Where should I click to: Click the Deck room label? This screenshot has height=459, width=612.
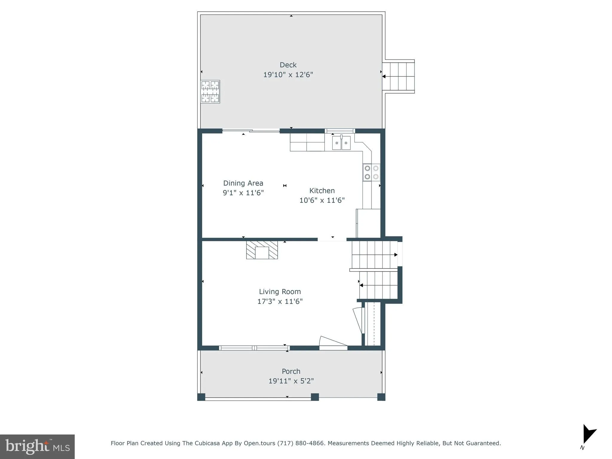click(288, 65)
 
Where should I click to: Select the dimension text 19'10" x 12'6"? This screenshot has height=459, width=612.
click(288, 75)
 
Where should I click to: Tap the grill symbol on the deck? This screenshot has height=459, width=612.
click(210, 92)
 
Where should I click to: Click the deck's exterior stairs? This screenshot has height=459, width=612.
click(398, 76)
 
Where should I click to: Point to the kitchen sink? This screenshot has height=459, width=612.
click(341, 143)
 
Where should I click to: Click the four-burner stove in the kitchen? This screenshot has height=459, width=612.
click(371, 172)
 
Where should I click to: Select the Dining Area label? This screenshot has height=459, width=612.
click(243, 183)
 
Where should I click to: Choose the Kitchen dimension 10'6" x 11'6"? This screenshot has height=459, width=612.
click(322, 200)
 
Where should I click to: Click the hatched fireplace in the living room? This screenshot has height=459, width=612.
click(262, 250)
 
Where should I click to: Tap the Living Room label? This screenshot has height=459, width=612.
click(280, 292)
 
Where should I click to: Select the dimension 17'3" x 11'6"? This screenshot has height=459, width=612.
click(280, 301)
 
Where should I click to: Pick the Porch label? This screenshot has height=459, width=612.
click(291, 371)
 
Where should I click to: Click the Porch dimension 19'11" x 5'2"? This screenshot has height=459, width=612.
click(291, 381)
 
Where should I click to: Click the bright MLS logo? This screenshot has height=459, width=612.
click(37, 447)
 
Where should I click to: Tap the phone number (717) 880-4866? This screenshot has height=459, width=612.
click(301, 443)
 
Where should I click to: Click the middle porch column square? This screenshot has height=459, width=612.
click(315, 397)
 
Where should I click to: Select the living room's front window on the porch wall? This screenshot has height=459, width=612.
click(254, 348)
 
